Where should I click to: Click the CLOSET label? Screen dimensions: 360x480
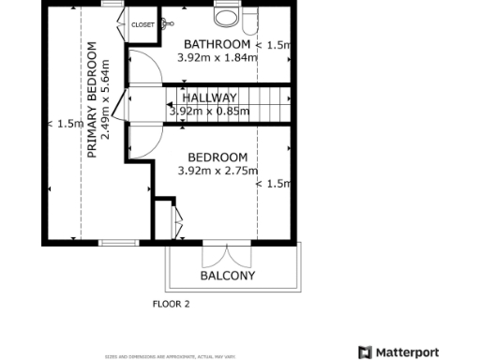click(142, 24)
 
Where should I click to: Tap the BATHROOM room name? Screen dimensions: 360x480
click(217, 44)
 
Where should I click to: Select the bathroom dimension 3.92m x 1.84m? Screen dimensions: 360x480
click(217, 57)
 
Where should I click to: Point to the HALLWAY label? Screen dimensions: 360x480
click(209, 97)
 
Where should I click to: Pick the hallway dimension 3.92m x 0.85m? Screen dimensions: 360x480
click(209, 111)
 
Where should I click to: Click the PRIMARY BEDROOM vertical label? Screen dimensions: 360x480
click(92, 99)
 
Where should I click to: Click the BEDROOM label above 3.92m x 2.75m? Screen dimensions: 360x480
click(217, 157)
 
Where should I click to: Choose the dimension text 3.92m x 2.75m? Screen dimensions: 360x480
click(217, 171)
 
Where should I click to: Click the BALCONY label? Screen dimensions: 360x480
click(228, 276)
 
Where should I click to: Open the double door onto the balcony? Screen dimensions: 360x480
click(226, 255)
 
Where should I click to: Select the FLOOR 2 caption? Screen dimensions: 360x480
click(172, 304)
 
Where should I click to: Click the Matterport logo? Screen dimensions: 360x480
click(398, 352)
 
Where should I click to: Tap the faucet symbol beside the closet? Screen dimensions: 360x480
click(167, 24)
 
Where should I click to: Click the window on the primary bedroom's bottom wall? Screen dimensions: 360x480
click(119, 243)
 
